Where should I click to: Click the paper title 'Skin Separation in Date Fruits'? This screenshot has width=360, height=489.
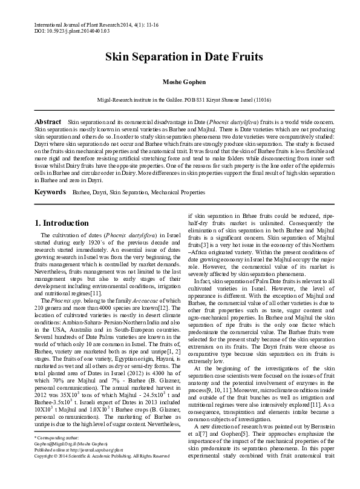pyautogui.click(x=180, y=58)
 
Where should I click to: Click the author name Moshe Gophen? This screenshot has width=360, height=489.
pyautogui.click(x=180, y=82)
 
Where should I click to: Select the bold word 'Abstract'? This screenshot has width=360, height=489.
pyautogui.click(x=48, y=122)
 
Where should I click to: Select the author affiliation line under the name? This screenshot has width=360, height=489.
pyautogui.click(x=180, y=99)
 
